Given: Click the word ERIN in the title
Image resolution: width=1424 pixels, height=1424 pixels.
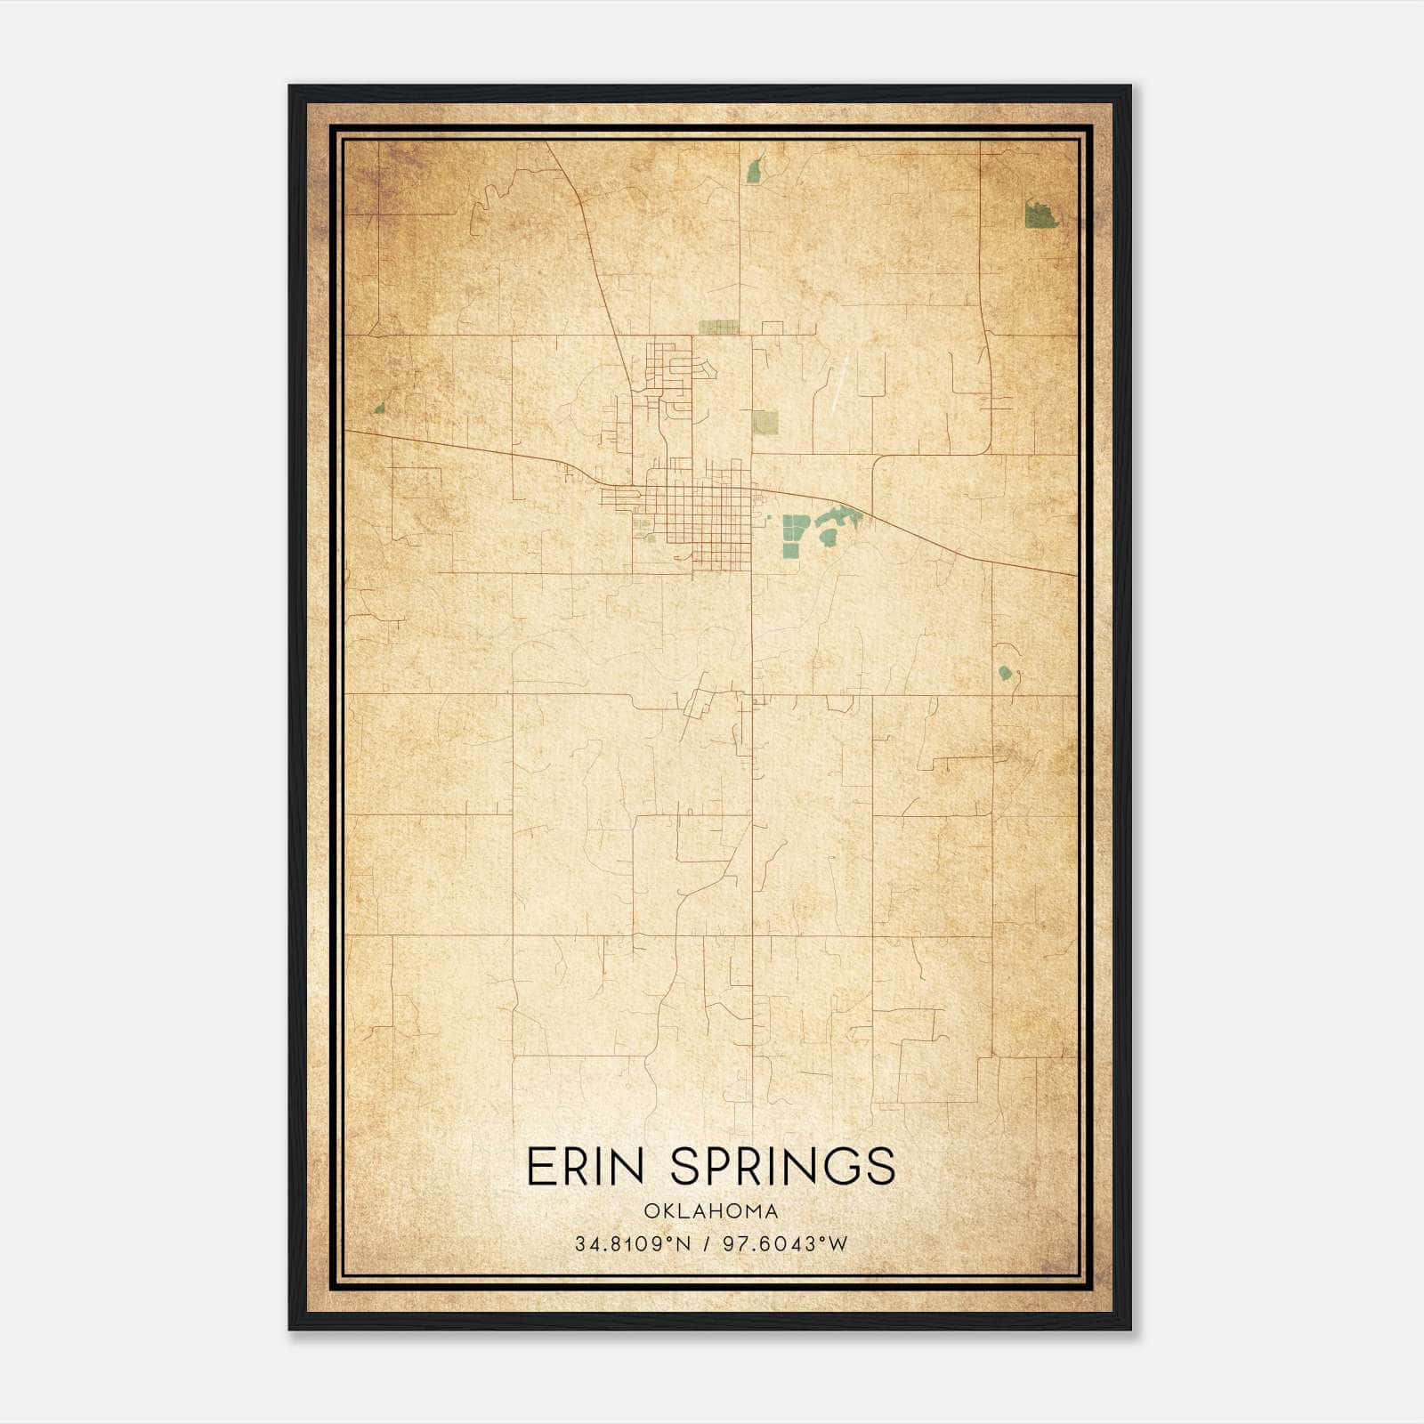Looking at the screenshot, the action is (x=585, y=1167).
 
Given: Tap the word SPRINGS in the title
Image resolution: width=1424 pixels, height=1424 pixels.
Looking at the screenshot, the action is (x=782, y=1167).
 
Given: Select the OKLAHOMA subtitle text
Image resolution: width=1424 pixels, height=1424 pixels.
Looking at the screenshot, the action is (x=712, y=1211).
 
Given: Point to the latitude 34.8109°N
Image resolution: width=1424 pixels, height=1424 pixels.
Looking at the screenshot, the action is (x=632, y=1244).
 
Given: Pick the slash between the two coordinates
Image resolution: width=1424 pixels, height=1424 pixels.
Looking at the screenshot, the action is (x=705, y=1244).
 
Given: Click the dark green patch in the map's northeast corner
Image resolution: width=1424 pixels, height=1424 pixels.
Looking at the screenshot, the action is (x=1040, y=215).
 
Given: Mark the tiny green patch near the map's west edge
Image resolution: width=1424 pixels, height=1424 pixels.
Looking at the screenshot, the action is (x=379, y=409).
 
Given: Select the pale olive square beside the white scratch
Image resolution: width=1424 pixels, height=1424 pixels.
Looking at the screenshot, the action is (x=765, y=422).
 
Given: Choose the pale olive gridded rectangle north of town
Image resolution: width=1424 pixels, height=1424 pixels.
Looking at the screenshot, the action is (x=718, y=327).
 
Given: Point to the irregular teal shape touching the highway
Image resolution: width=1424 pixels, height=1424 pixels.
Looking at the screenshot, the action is (x=837, y=515).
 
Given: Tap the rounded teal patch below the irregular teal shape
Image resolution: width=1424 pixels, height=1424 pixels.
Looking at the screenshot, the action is (x=827, y=538).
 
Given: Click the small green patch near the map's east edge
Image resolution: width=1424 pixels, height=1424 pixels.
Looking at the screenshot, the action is (x=1005, y=673).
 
